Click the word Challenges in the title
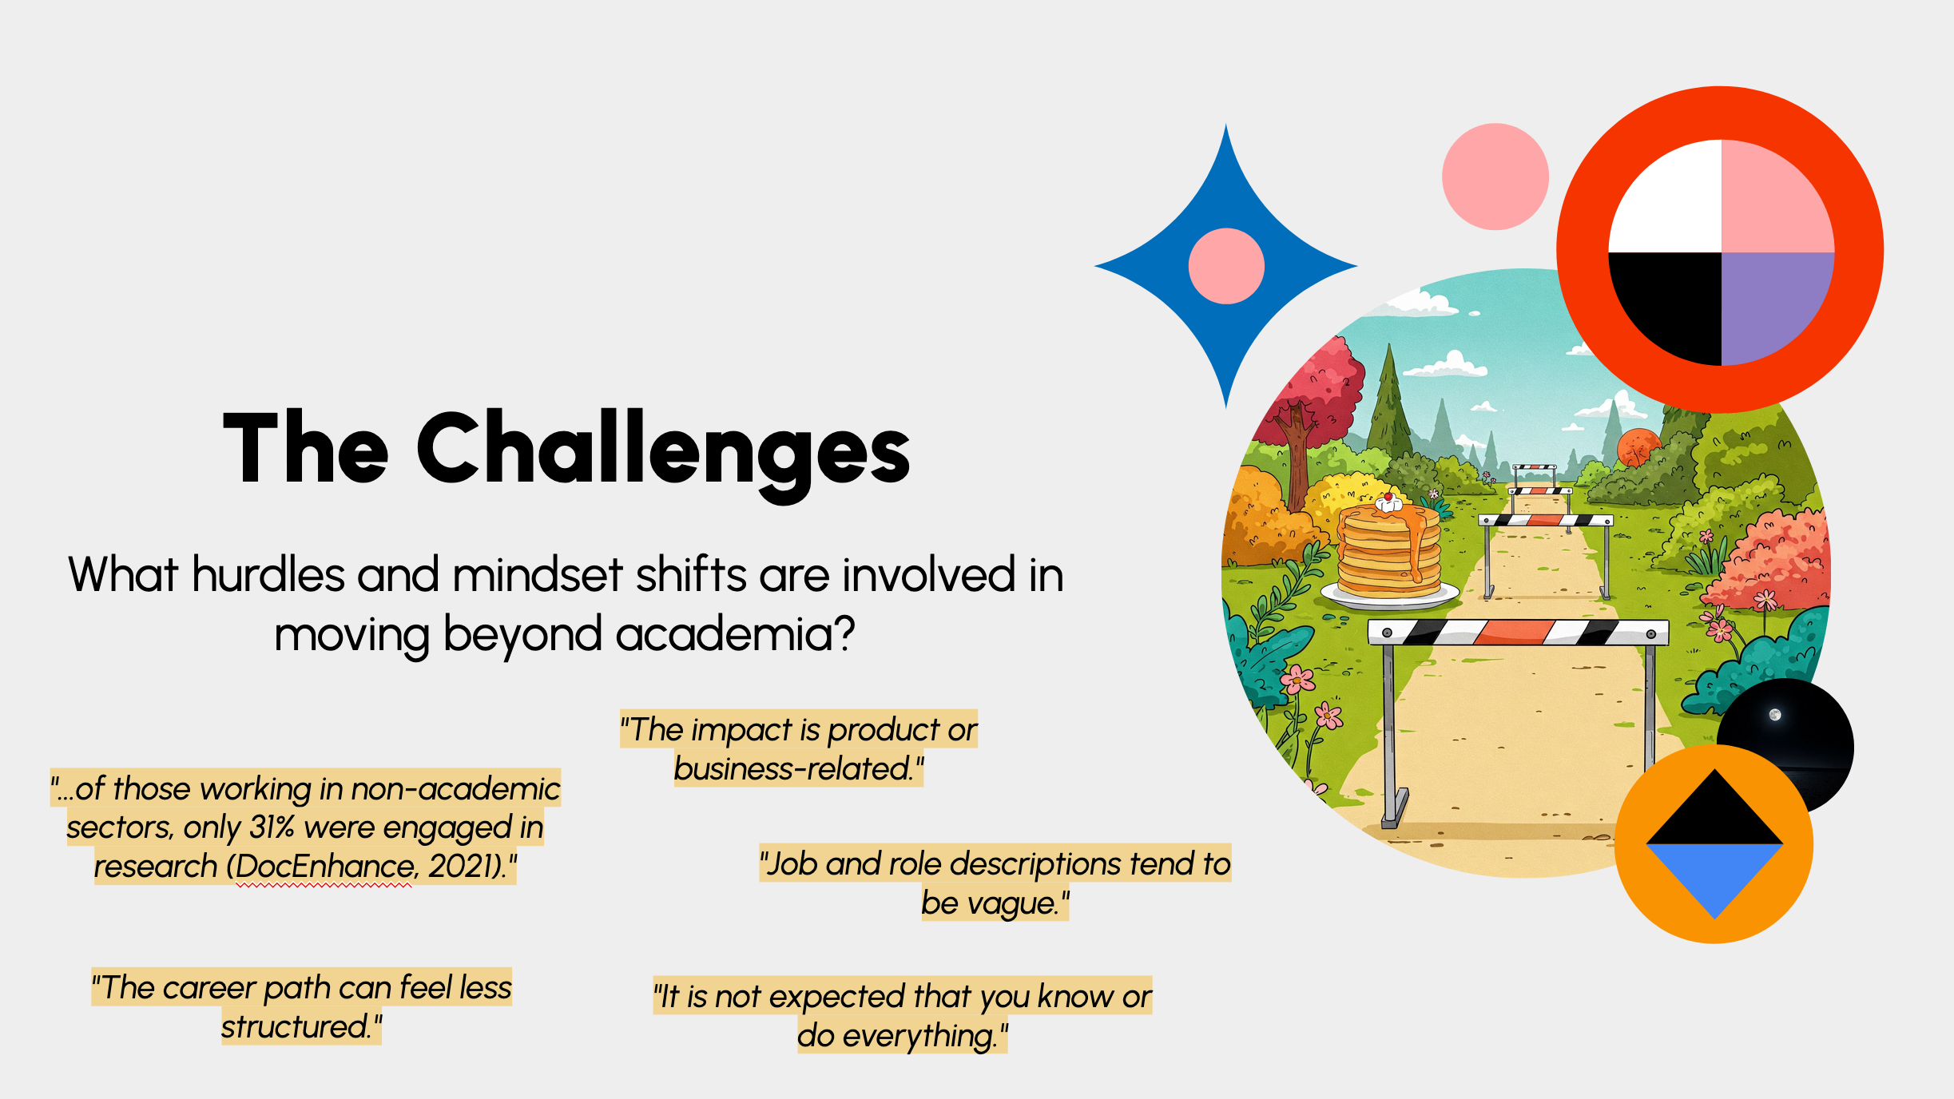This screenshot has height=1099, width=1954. click(663, 451)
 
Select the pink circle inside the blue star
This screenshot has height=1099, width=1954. click(1226, 266)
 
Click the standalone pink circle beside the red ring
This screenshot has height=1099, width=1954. click(1495, 177)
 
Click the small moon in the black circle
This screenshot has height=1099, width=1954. click(1775, 714)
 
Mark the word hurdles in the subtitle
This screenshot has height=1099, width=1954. click(268, 574)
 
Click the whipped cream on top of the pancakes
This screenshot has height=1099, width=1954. click(1388, 502)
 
